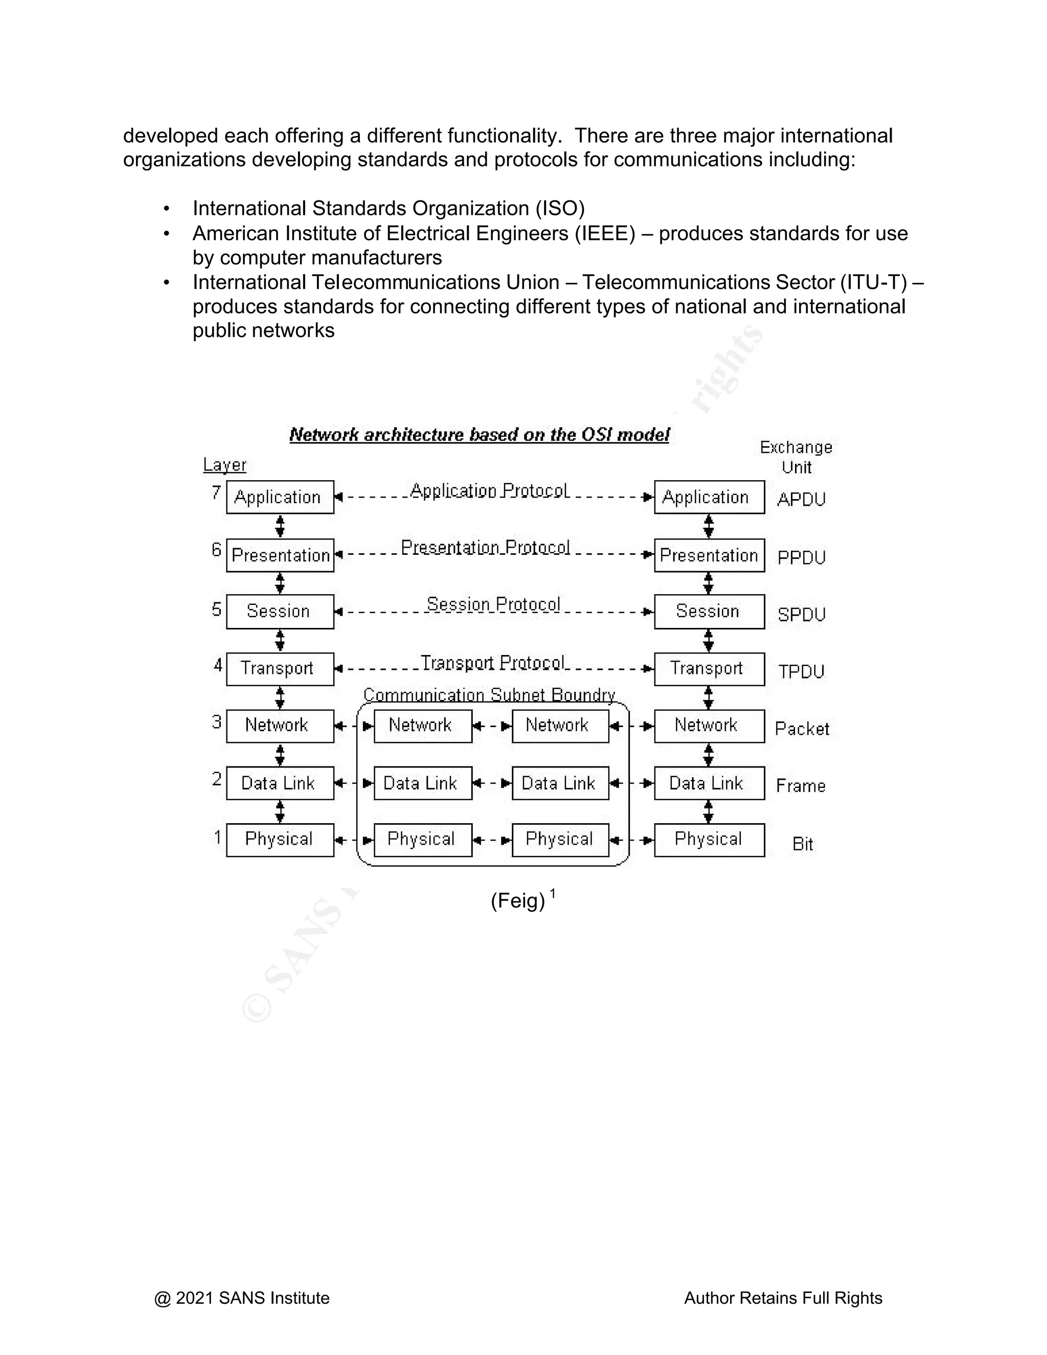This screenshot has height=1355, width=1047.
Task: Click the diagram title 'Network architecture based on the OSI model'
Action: pyautogui.click(x=479, y=435)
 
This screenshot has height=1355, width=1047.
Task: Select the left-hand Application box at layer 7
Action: pyautogui.click(x=280, y=497)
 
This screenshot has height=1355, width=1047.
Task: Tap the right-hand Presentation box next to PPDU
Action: pyautogui.click(x=709, y=555)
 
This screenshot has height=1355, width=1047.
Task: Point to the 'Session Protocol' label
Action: pyautogui.click(x=493, y=604)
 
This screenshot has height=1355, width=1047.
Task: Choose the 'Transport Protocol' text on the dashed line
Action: pyautogui.click(x=493, y=663)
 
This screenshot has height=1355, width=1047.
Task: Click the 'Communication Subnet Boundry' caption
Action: pyautogui.click(x=489, y=695)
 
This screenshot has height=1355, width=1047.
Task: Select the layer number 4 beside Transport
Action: pyautogui.click(x=218, y=666)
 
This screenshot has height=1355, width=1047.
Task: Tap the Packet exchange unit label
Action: pyautogui.click(x=802, y=729)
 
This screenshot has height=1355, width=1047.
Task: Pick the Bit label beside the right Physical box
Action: pyautogui.click(x=802, y=844)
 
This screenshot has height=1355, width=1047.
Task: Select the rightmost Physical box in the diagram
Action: pyautogui.click(x=709, y=840)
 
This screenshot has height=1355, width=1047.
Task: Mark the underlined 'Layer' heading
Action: pyautogui.click(x=224, y=465)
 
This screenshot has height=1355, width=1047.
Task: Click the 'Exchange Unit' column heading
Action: pyautogui.click(x=796, y=457)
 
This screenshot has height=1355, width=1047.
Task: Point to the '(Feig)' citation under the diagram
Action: pyautogui.click(x=517, y=901)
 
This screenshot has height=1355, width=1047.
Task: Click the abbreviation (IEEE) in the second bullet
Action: pyautogui.click(x=605, y=233)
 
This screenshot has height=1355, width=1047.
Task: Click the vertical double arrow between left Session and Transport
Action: pyautogui.click(x=280, y=640)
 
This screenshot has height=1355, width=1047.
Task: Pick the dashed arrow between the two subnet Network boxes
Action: pyautogui.click(x=492, y=726)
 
